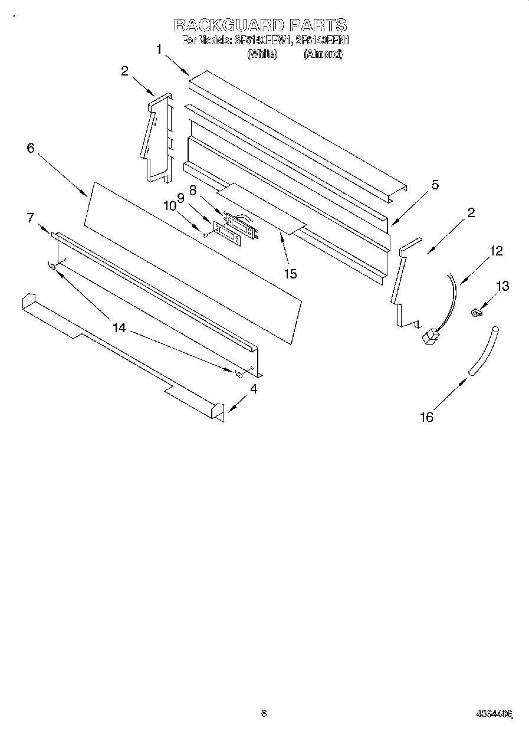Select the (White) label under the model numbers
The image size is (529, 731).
[262, 54]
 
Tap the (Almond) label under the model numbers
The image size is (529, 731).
[323, 54]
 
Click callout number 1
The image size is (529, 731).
[159, 50]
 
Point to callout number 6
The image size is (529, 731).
[31, 147]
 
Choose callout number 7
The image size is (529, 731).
[30, 218]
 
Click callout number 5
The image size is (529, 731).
[435, 185]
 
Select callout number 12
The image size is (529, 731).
[496, 251]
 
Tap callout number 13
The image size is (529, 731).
[502, 286]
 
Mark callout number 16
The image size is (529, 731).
[426, 417]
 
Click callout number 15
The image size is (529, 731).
[290, 273]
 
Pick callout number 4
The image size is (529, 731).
[254, 389]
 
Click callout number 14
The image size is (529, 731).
[119, 327]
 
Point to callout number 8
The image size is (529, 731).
[193, 189]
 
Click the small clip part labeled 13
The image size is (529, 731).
[474, 312]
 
